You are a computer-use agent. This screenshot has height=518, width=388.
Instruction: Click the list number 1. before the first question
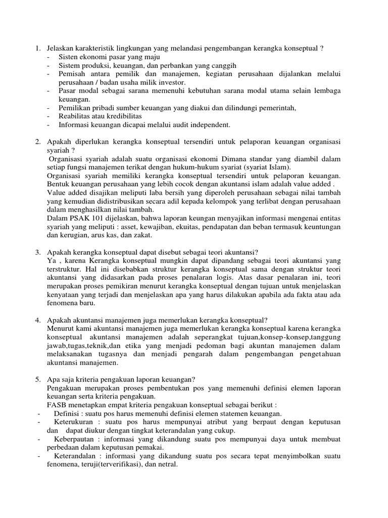(37, 49)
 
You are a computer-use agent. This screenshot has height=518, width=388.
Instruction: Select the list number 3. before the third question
(37, 252)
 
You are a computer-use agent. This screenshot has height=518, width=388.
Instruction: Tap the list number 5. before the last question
(37, 380)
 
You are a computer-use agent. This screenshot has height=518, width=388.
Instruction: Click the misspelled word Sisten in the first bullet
(68, 57)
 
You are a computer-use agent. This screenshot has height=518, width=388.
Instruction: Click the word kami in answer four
(81, 329)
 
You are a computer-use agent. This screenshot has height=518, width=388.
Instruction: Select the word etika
(135, 346)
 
